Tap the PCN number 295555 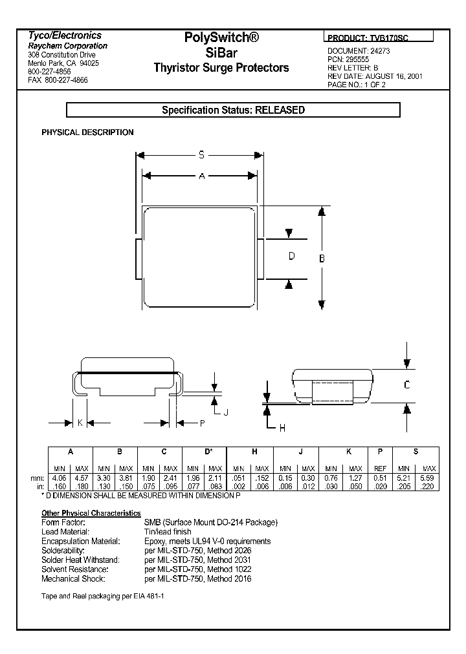pyautogui.click(x=358, y=59)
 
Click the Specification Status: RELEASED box pyautogui.click(x=233, y=111)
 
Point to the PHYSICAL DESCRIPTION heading pyautogui.click(x=87, y=132)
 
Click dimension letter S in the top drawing pyautogui.click(x=202, y=155)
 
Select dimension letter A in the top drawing pyautogui.click(x=202, y=176)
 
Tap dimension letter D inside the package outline pyautogui.click(x=291, y=257)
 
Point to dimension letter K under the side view pyautogui.click(x=79, y=423)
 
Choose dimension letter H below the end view pyautogui.click(x=282, y=428)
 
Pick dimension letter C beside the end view pyautogui.click(x=406, y=385)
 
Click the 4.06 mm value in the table pyautogui.click(x=60, y=478)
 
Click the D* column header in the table pyautogui.click(x=208, y=452)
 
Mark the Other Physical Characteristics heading pyautogui.click(x=91, y=512)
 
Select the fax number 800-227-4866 pyautogui.click(x=67, y=80)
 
